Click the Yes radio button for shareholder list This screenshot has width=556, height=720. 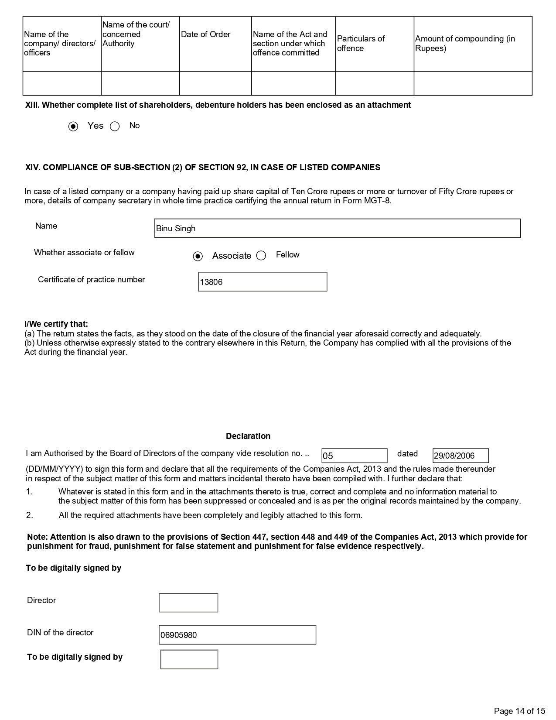[x=73, y=127]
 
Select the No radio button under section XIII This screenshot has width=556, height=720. [x=115, y=127]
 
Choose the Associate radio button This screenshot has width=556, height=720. [x=198, y=256]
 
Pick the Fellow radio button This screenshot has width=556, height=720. [x=261, y=256]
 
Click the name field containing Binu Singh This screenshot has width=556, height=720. [x=337, y=228]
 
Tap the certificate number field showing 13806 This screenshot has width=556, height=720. [x=262, y=282]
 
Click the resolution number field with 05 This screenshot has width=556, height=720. [x=354, y=456]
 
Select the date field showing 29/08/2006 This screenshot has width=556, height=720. [x=460, y=456]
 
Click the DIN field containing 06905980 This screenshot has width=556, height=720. [x=237, y=635]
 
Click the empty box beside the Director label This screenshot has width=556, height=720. [x=188, y=603]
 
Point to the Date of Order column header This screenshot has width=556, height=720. [x=205, y=34]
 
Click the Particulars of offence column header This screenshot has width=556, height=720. [x=361, y=43]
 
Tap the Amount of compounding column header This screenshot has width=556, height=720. [x=465, y=43]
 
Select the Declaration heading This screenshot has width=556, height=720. [x=248, y=436]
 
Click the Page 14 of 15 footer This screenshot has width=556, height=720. [x=519, y=711]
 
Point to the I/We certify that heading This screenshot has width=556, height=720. [x=56, y=324]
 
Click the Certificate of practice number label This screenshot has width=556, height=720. [x=91, y=279]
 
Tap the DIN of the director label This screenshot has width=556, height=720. [x=60, y=632]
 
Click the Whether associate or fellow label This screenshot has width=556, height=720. [x=84, y=252]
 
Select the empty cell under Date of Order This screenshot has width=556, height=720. [x=215, y=83]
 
